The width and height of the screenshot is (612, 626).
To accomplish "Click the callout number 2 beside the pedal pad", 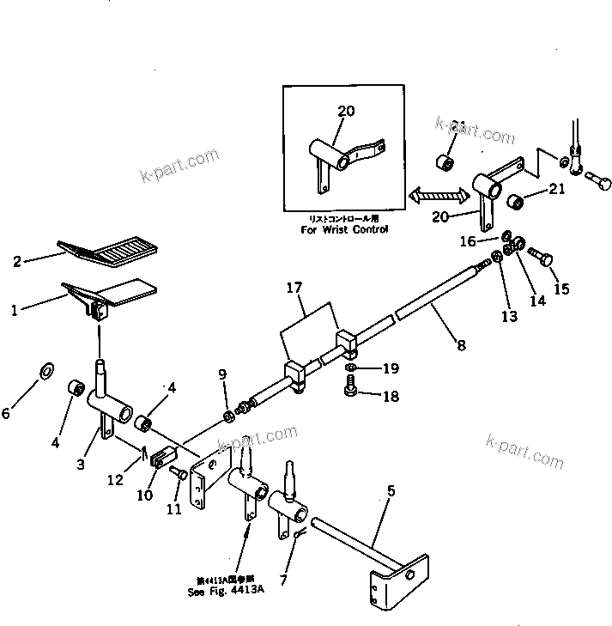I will point(17,261).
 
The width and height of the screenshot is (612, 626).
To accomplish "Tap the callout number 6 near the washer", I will point(7,413).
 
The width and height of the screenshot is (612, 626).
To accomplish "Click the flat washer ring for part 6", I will point(46,372).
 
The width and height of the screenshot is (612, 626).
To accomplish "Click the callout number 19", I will point(391,369).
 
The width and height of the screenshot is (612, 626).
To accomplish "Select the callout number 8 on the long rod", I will point(463,345).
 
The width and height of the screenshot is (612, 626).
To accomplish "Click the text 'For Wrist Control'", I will point(344,229).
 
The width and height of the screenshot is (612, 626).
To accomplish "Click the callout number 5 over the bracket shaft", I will point(391,491).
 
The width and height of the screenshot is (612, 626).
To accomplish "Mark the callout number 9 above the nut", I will point(222,374).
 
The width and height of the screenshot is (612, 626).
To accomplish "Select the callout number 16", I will point(467,242).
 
